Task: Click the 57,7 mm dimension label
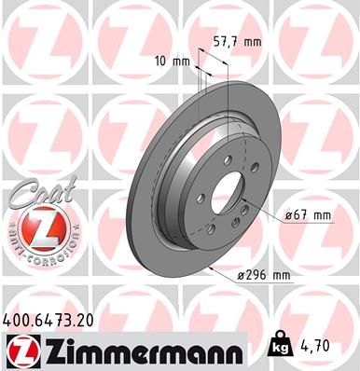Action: click(238, 42)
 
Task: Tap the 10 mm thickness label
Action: click(175, 62)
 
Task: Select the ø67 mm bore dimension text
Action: click(309, 215)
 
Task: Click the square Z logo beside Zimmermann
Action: click(21, 350)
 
